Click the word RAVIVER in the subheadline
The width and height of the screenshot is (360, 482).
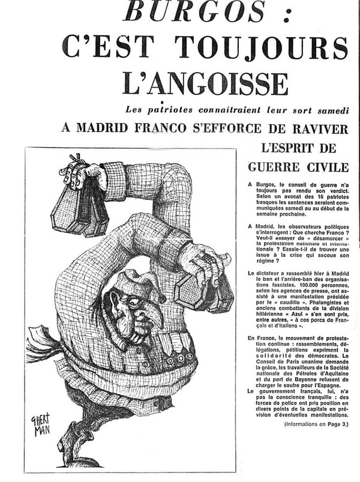pos(311,128)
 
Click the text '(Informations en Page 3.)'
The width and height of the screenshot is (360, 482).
pos(316,424)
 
